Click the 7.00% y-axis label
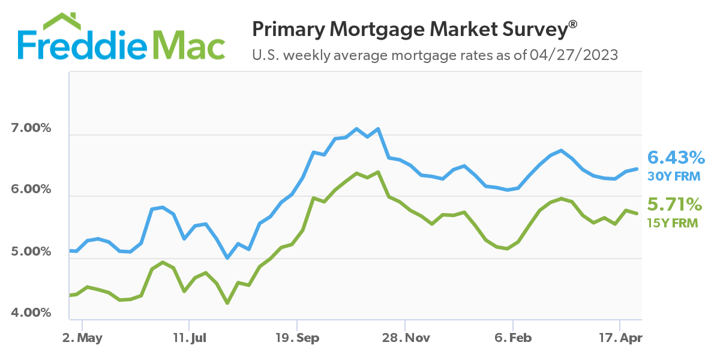[x=31, y=128]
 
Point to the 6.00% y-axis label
[x=31, y=190]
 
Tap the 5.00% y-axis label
[x=31, y=251]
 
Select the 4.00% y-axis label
[x=31, y=313]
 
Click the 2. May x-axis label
[x=82, y=338]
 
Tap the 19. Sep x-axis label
[x=296, y=338]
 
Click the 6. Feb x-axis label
[x=512, y=338]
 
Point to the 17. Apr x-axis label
[x=620, y=338]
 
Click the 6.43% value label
[x=675, y=158]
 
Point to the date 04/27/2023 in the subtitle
[x=574, y=56]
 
